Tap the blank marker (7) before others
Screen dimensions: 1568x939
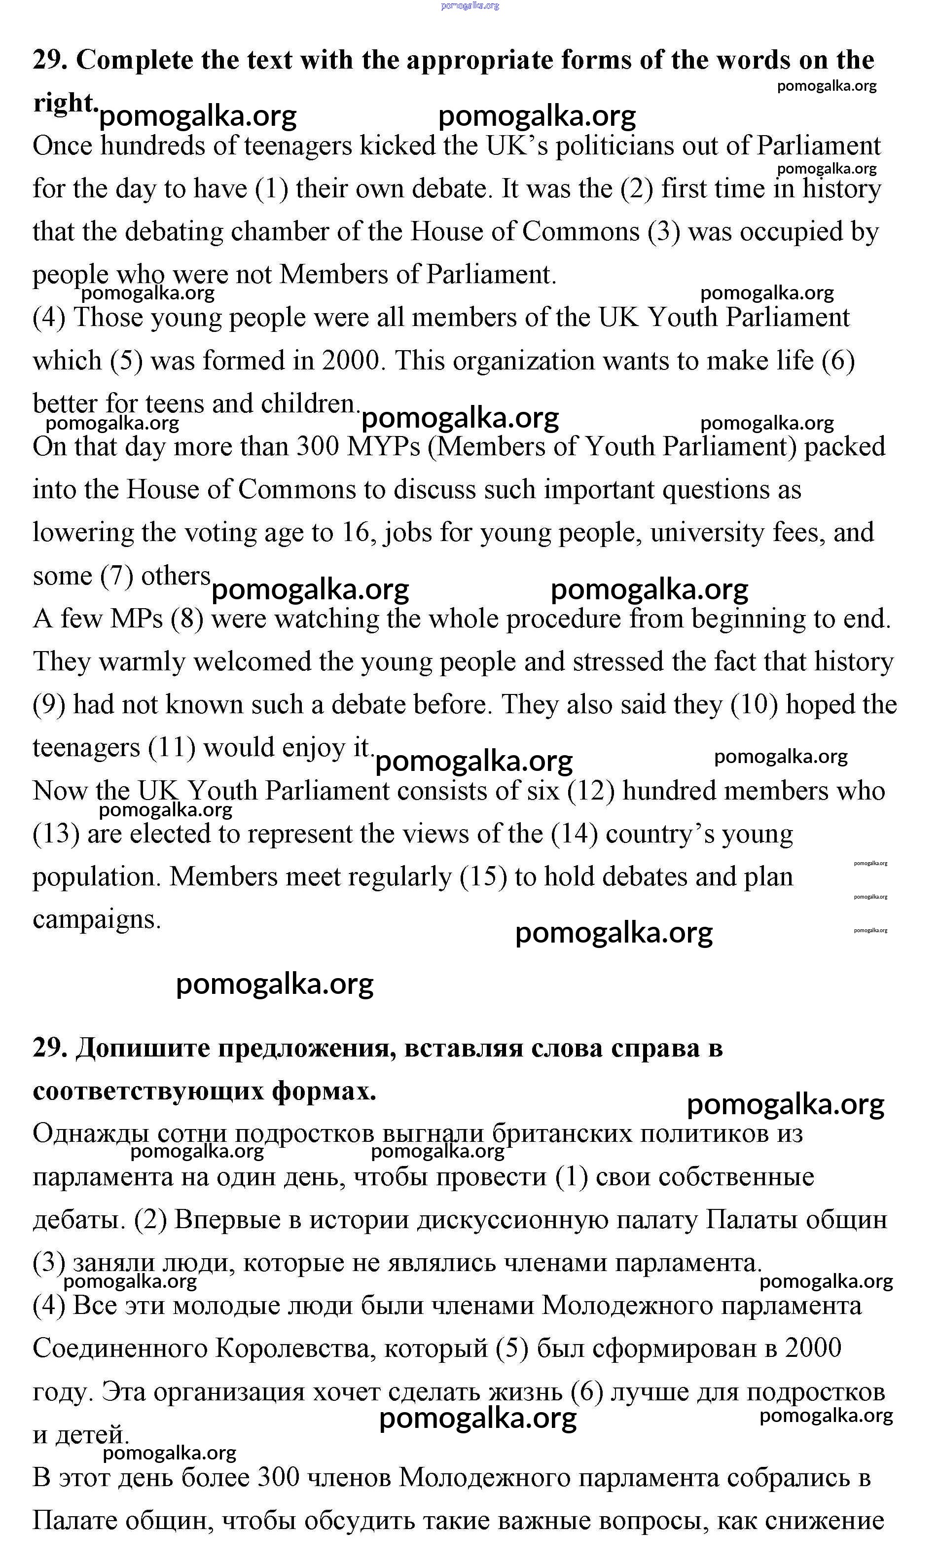click(116, 576)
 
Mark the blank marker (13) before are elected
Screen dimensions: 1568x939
click(56, 834)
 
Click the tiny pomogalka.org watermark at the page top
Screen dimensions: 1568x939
click(469, 6)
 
